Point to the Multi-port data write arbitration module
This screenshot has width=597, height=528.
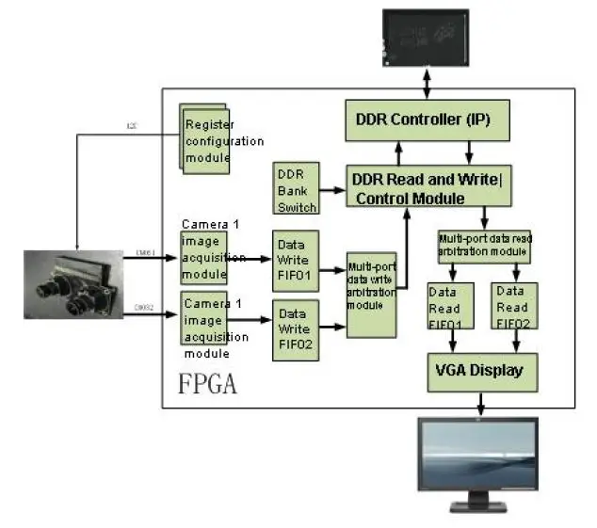pos(370,294)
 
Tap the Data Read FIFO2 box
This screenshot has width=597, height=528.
pos(514,305)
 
